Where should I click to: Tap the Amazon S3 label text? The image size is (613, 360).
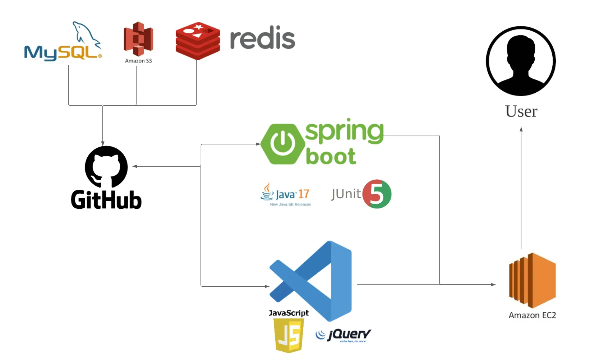[138, 61]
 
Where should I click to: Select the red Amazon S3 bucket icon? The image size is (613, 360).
[138, 38]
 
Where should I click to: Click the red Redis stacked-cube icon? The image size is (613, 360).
[198, 41]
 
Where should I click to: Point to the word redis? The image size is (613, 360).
[262, 38]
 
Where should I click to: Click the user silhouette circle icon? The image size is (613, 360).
[521, 61]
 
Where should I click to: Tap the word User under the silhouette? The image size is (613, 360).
[521, 111]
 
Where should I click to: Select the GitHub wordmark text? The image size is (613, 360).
[106, 200]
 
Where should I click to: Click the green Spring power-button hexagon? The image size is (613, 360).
[283, 144]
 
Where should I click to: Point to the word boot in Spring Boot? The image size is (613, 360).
[331, 157]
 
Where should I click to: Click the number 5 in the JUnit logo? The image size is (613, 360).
[377, 194]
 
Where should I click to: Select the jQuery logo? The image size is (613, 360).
[344, 335]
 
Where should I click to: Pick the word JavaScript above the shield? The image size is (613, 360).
[289, 313]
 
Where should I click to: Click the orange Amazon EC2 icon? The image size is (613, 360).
[533, 280]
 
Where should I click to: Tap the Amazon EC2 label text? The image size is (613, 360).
[532, 315]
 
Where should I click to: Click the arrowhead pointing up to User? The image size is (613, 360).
[521, 129]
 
